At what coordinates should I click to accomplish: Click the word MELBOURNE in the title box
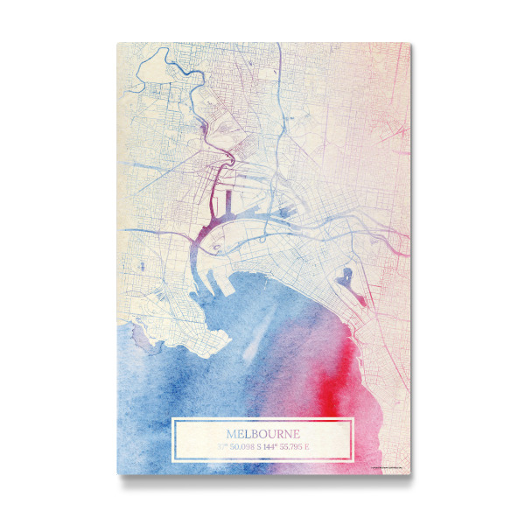tap(262, 434)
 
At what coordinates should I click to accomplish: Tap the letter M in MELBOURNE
tap(231, 434)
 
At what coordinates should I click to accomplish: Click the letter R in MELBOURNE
tap(281, 434)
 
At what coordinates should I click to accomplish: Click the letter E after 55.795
tap(308, 447)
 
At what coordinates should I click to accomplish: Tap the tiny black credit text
tap(385, 470)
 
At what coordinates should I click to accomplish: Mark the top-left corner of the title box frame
tap(173, 420)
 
